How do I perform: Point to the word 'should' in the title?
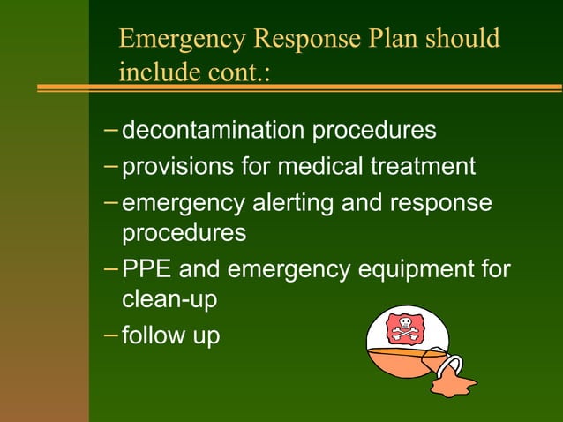coord(463,40)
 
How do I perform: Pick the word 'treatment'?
coord(428,166)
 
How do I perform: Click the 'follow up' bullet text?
coord(170,336)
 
